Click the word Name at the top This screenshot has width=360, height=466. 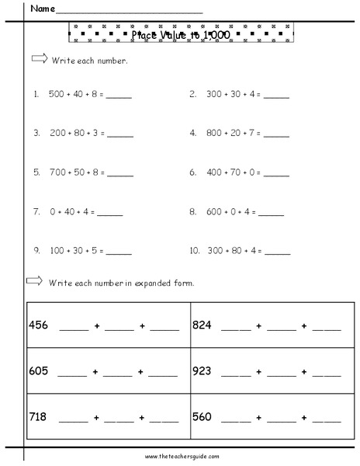tap(43, 10)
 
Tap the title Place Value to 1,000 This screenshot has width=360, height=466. tap(180, 34)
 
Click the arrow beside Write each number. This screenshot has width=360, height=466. tap(38, 59)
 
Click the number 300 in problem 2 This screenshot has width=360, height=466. tap(214, 95)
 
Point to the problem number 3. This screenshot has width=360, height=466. tap(36, 133)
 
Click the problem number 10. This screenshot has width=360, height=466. tap(194, 250)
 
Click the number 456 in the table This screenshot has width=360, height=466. tap(39, 325)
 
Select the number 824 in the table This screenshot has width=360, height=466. tap(203, 325)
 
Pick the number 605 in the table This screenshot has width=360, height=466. tap(39, 370)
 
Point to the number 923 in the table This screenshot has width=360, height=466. tap(203, 370)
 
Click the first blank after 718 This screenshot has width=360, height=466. tap(74, 420)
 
